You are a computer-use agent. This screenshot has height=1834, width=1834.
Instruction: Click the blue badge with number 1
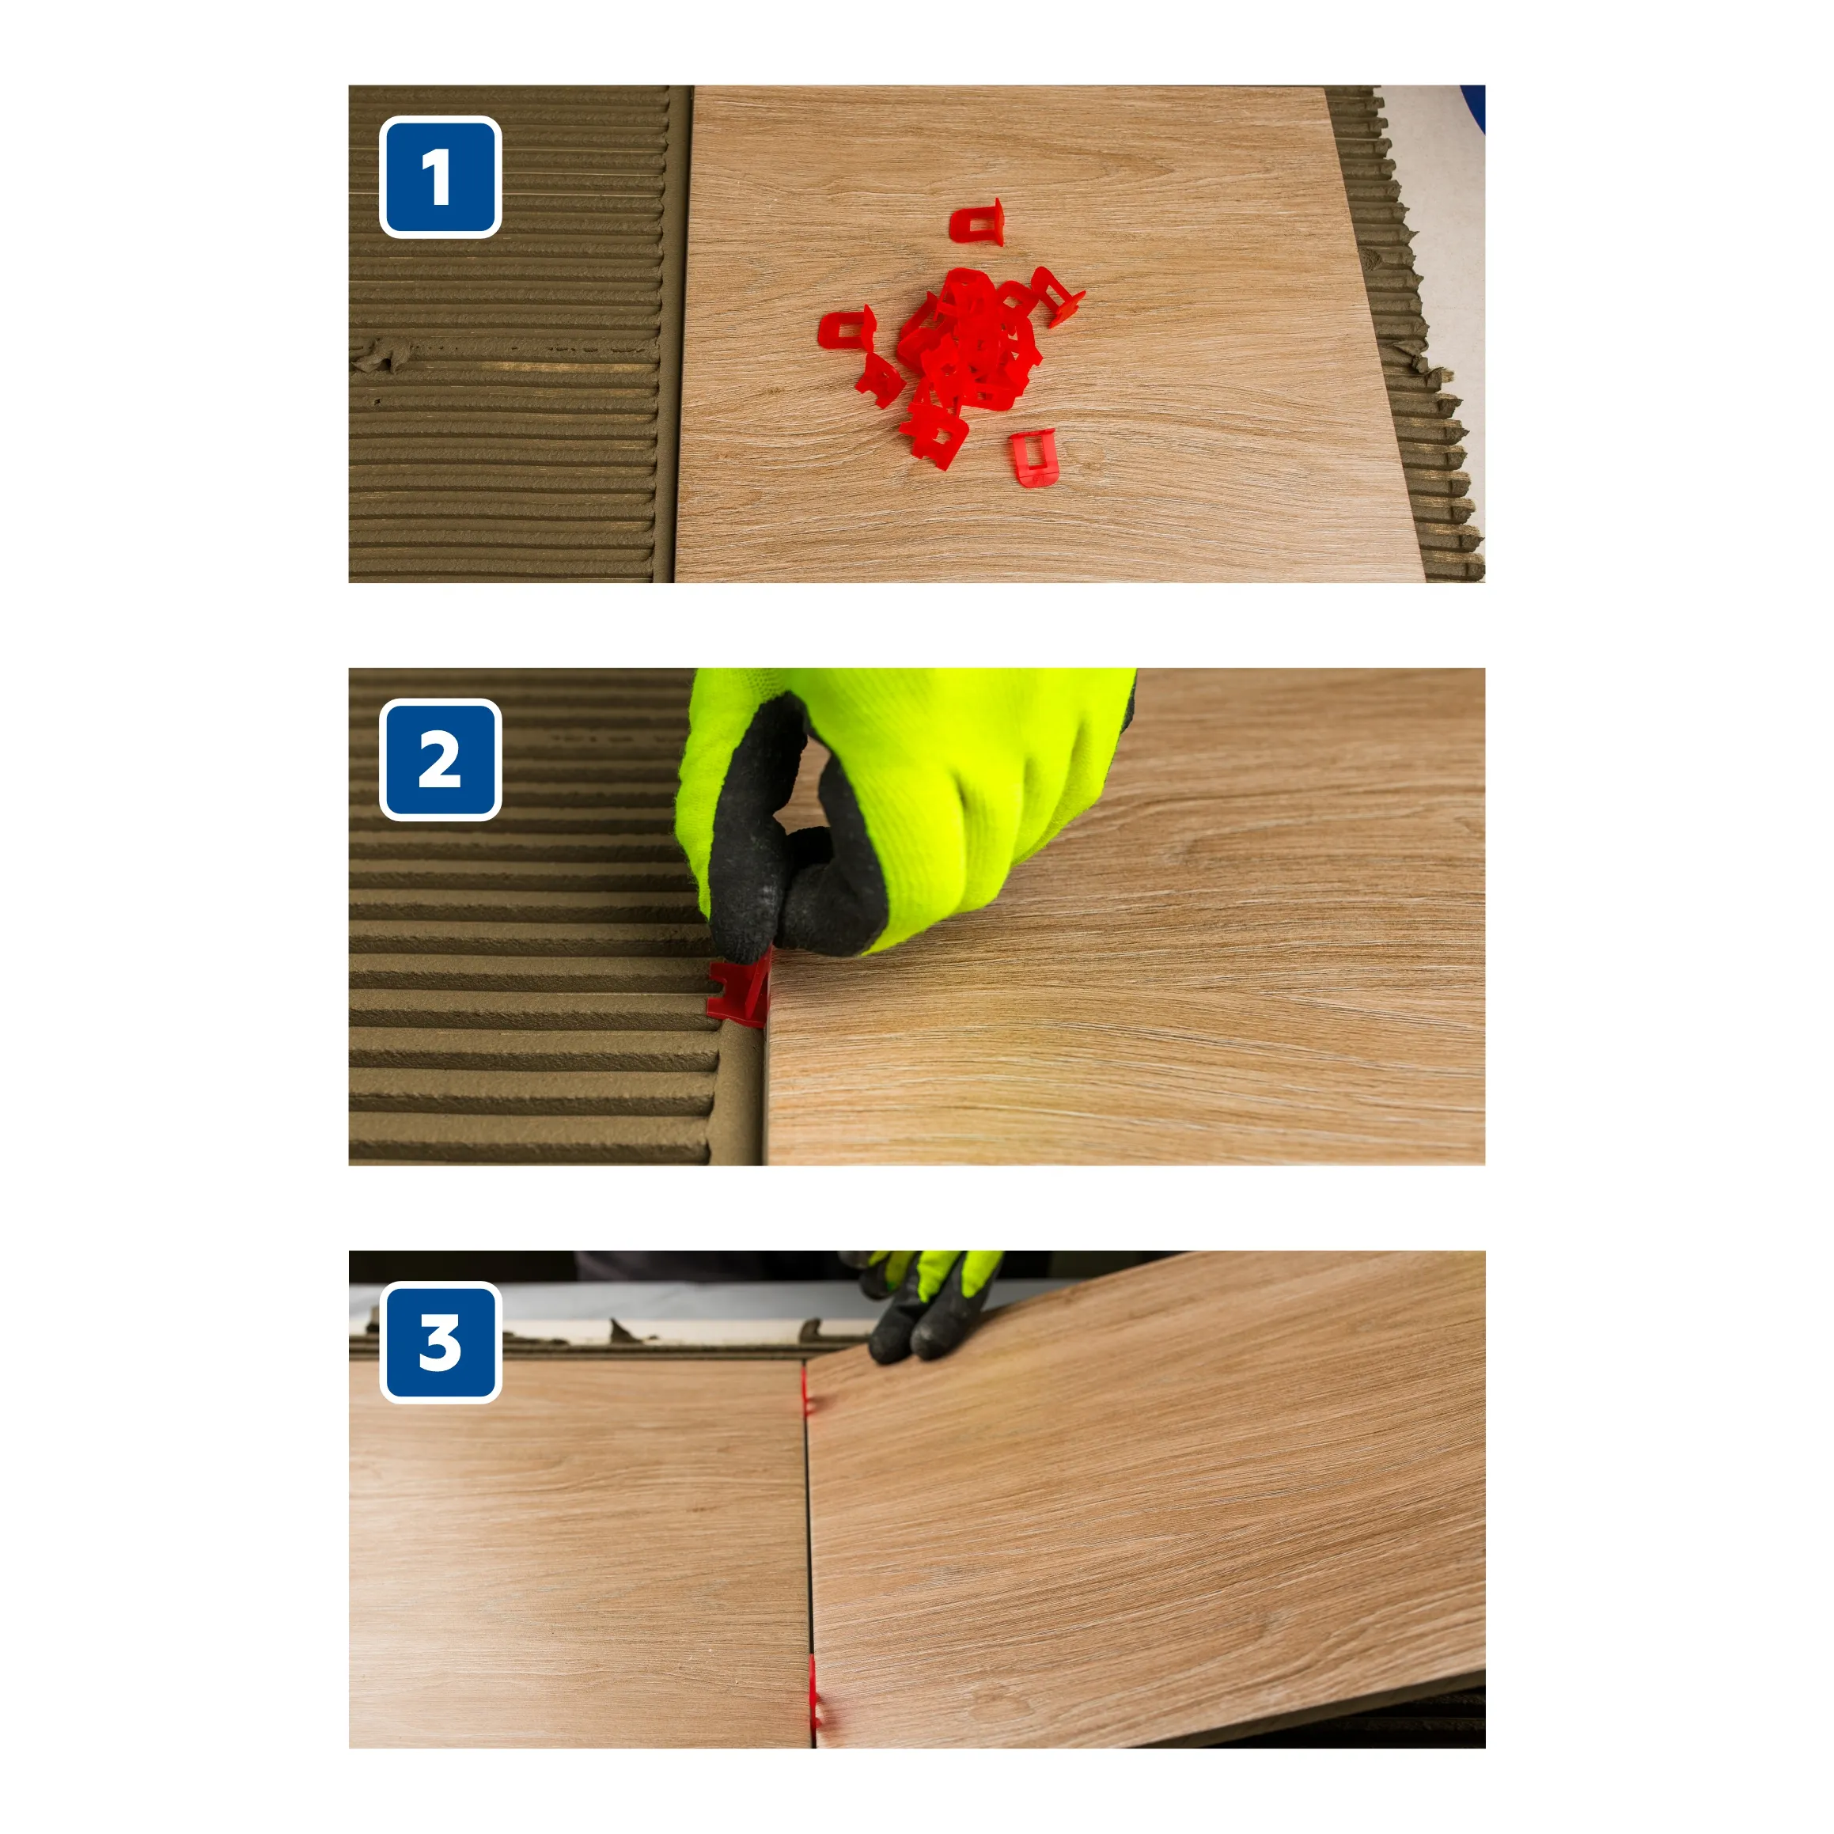440,176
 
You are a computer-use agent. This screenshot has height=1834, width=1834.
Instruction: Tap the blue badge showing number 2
440,760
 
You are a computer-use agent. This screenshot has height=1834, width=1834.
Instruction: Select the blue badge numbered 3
440,1343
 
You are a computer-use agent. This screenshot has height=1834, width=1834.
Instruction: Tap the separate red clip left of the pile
847,328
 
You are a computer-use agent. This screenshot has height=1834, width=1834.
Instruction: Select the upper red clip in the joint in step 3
808,1391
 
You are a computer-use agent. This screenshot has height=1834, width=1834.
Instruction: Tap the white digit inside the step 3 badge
440,1343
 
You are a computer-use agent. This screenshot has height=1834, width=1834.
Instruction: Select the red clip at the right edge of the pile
1059,296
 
